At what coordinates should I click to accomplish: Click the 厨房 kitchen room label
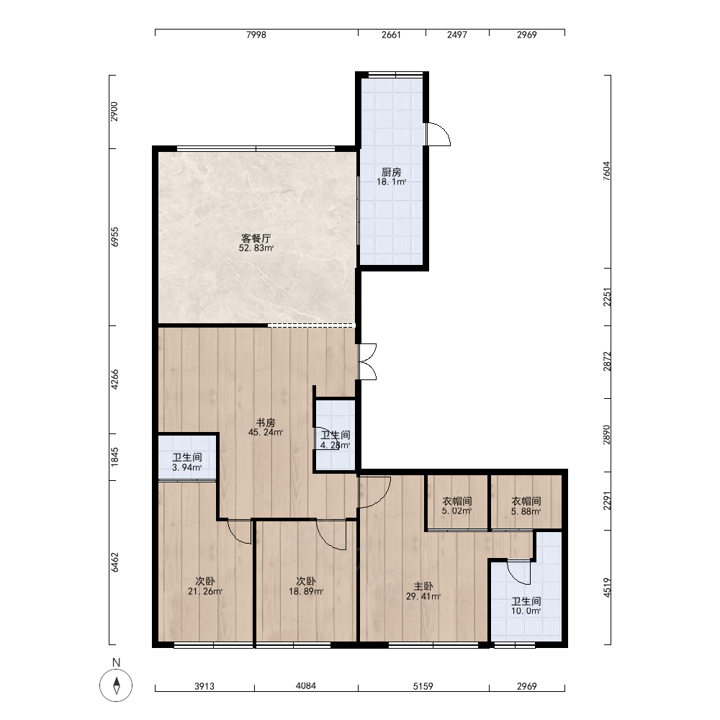391,176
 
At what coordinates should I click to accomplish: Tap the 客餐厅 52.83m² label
256,243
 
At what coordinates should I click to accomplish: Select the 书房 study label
266,427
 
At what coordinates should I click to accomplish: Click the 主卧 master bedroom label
423,591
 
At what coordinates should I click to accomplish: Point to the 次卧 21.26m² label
204,586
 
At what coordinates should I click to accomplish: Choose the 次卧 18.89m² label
306,586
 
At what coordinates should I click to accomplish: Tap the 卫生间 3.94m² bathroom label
187,462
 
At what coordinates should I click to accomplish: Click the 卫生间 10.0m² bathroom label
526,606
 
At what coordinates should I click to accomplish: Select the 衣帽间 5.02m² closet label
457,505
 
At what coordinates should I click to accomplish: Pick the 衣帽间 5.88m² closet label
526,505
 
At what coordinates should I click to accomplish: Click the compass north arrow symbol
116,685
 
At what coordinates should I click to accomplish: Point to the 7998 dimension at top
256,35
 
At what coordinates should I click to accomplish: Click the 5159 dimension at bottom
423,686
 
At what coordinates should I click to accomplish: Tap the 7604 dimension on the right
606,171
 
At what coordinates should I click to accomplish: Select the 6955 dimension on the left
114,237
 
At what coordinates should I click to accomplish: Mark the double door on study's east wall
367,362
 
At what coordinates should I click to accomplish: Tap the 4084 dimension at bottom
306,686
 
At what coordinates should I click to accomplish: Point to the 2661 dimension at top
391,35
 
